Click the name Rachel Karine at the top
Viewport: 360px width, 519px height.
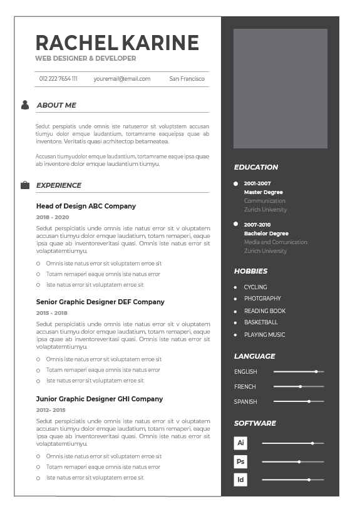pos(117,43)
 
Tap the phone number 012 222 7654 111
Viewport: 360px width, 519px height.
pos(58,79)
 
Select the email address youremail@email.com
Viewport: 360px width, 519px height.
pos(122,79)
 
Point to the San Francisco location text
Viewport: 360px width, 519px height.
pos(187,79)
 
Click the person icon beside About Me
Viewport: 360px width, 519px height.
pos(25,105)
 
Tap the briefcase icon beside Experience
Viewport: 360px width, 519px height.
pos(25,185)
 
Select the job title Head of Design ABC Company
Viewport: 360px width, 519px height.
pos(86,206)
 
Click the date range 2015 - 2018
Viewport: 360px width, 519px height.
pos(51,313)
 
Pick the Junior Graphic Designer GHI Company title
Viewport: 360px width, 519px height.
pos(99,399)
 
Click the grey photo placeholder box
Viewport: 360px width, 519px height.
pos(280,88)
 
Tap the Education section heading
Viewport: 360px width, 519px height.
pos(256,167)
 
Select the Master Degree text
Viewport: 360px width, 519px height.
pos(263,192)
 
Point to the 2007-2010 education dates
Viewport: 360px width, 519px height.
pos(257,224)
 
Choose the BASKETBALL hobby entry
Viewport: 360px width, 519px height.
pos(260,322)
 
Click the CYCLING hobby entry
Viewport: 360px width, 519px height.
pos(255,287)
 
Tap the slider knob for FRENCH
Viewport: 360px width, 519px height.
pos(301,386)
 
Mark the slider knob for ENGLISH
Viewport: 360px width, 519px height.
pos(316,371)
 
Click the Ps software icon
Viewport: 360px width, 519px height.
pos(240,462)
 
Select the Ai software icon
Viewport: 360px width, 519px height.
pos(240,443)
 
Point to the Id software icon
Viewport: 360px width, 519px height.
pos(240,480)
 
